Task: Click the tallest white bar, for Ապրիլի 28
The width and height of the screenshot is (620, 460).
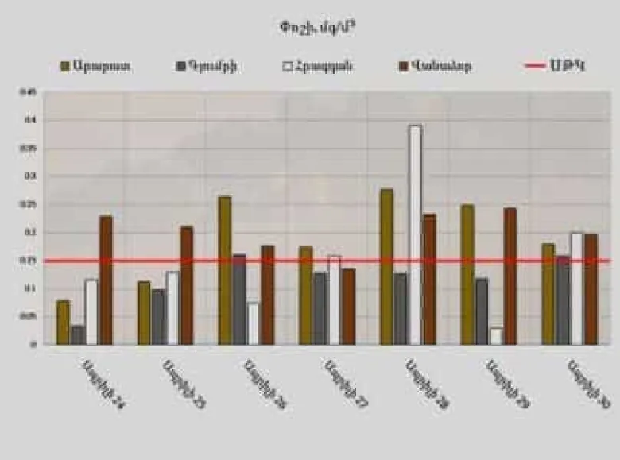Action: tap(415, 234)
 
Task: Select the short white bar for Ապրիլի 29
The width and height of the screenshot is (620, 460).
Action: tap(496, 336)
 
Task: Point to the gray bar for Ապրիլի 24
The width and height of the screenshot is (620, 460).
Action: tap(77, 334)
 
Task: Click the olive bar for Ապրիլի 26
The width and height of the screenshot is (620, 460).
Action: tap(225, 270)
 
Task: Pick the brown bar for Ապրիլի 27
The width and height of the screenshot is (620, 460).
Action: tap(348, 306)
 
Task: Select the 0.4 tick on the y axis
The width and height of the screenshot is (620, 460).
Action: tap(33, 120)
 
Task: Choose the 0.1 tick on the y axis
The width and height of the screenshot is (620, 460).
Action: tap(33, 288)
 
